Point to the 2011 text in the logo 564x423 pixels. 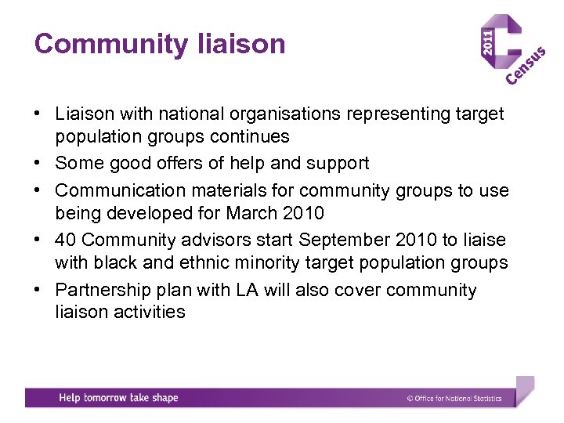(488, 42)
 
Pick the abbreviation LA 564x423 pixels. (247, 290)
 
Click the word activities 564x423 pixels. (148, 312)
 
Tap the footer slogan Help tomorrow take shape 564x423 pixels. (118, 398)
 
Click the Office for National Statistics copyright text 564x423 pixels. (454, 399)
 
